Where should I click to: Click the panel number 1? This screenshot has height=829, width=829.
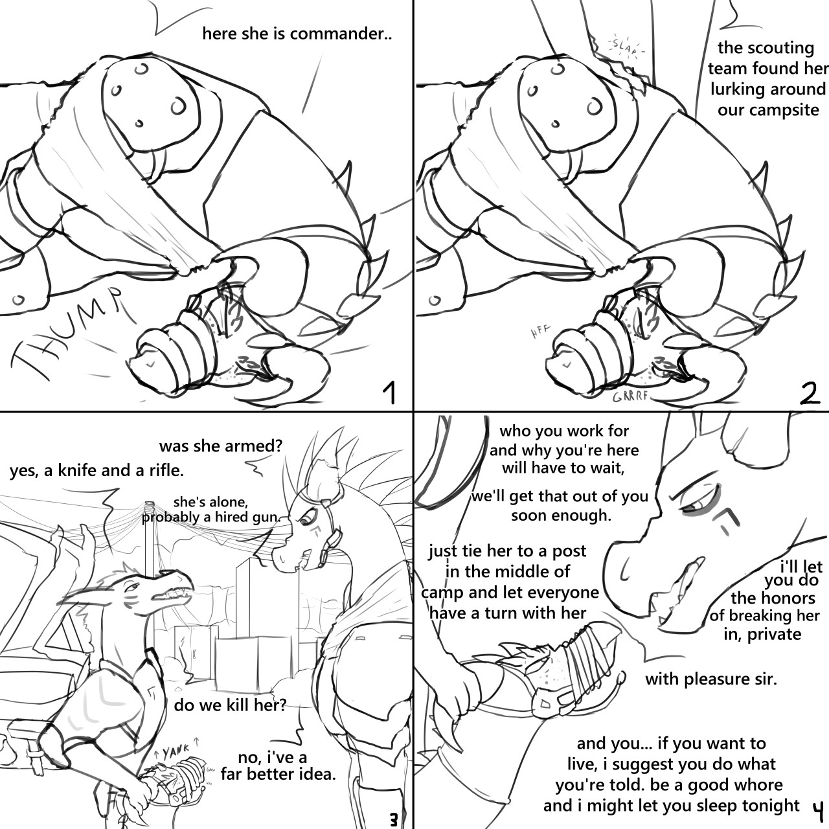pyautogui.click(x=389, y=392)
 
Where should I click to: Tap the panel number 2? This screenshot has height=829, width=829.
pyautogui.click(x=809, y=392)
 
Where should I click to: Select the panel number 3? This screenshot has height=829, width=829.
pyautogui.click(x=393, y=820)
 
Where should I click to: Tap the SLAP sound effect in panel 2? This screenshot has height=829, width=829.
pyautogui.click(x=626, y=46)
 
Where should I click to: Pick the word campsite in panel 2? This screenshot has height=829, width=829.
pyautogui.click(x=786, y=109)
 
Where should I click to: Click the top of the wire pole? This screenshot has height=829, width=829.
pyautogui.click(x=151, y=504)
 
